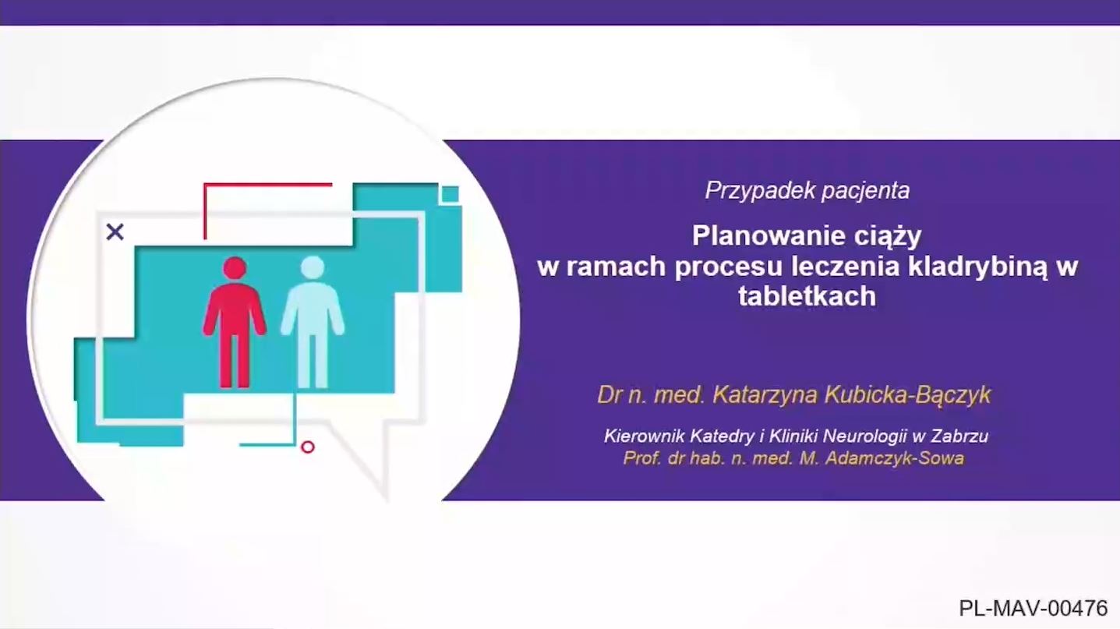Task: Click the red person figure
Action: (235, 322)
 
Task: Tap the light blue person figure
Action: (313, 322)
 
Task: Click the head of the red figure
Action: (235, 268)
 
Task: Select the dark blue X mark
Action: (115, 232)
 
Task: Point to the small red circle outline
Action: (308, 447)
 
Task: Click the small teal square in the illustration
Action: (450, 194)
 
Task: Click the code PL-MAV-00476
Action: (1033, 609)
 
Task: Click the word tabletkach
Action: (807, 296)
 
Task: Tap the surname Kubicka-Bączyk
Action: (907, 395)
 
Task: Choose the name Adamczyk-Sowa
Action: (895, 459)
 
